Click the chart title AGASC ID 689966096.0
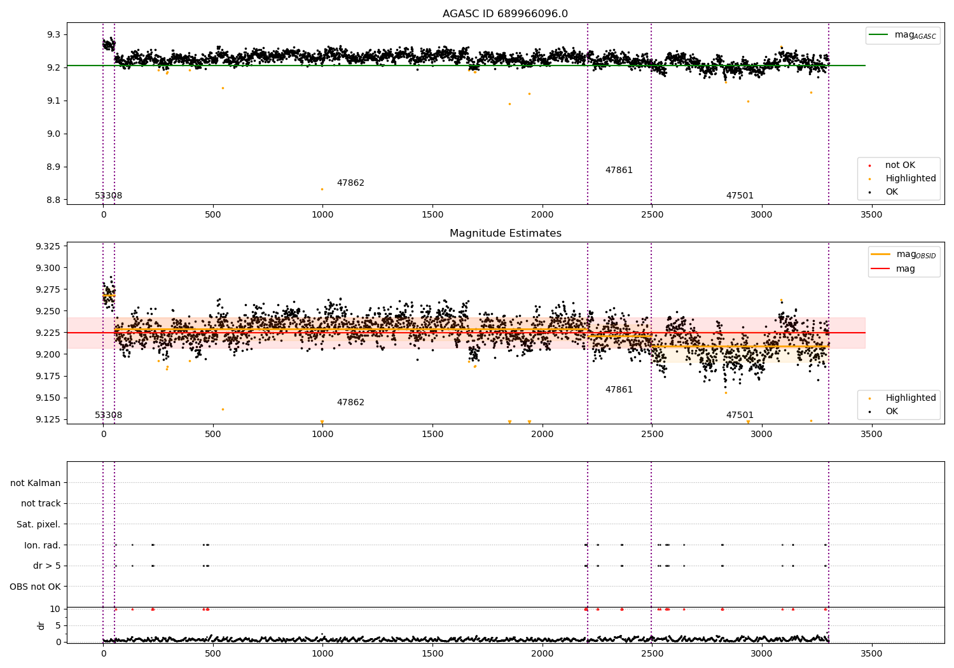505,14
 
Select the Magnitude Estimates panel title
505,233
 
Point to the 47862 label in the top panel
350,183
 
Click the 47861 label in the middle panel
619,389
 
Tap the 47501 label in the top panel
740,196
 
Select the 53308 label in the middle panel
109,415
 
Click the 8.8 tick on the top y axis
53,200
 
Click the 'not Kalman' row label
36,483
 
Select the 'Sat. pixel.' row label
38,524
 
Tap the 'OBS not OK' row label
35,587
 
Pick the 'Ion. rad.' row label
43,545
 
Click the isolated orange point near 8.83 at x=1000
322,189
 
